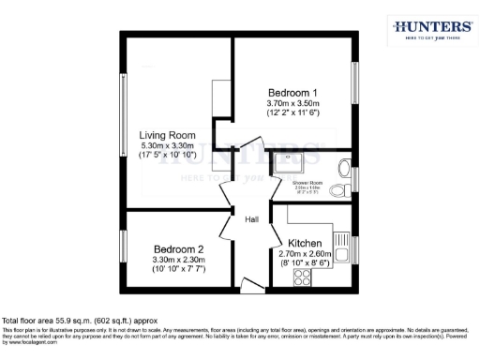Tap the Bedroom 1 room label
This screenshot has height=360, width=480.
[292, 93]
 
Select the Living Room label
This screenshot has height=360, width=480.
[168, 136]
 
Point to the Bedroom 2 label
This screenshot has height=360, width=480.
[179, 249]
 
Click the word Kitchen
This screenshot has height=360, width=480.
[306, 243]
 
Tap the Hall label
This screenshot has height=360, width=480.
[251, 219]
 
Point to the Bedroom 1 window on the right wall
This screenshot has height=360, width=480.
[354, 86]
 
